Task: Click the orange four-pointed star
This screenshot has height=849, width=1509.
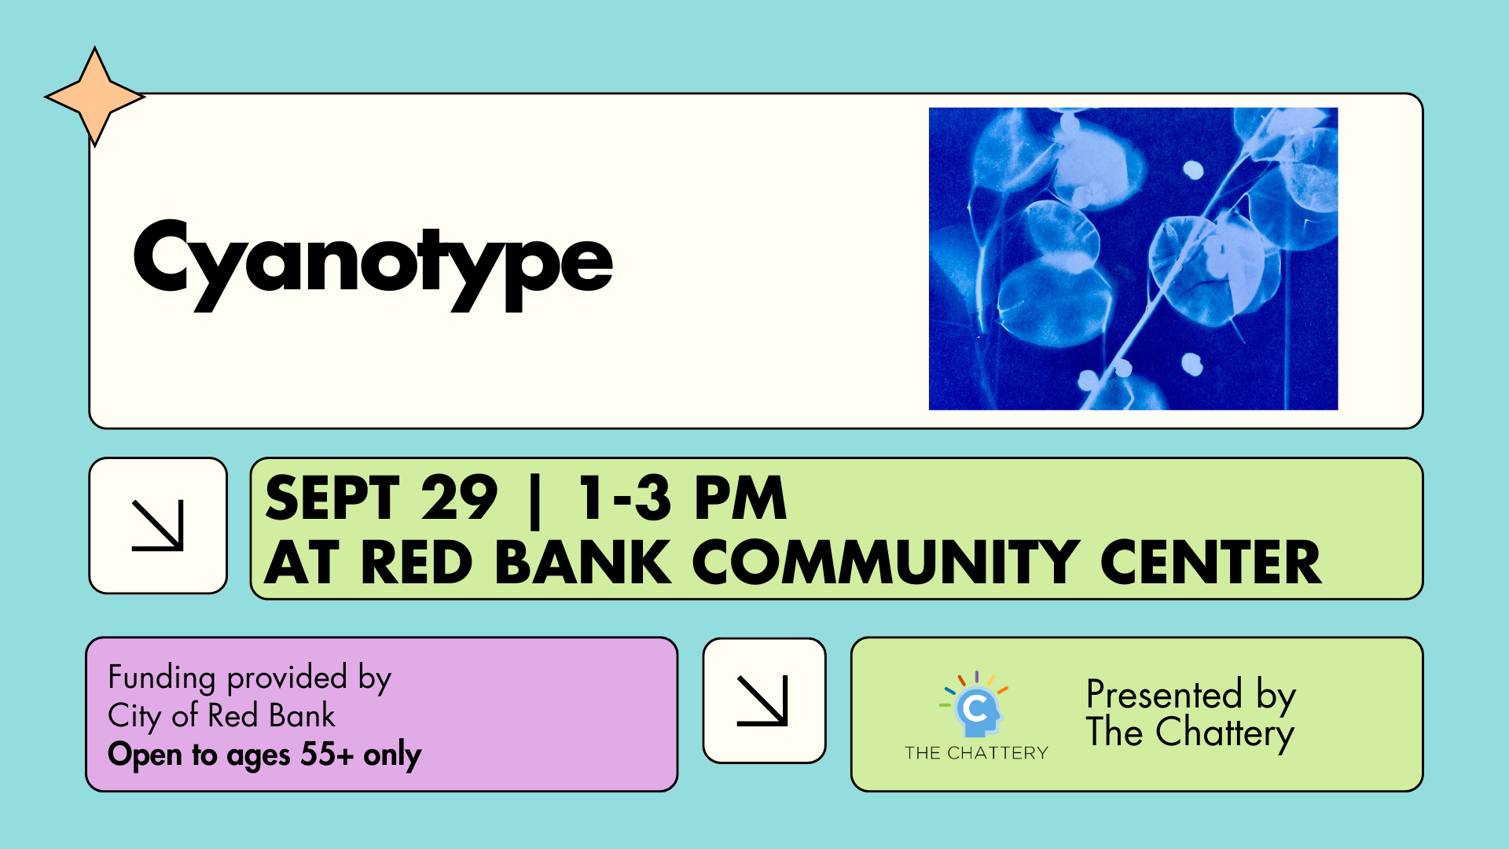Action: [x=95, y=97]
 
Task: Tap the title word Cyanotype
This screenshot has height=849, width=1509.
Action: [x=373, y=264]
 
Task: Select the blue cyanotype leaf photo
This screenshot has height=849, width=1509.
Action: [x=1133, y=259]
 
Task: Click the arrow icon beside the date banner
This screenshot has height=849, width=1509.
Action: [x=158, y=525]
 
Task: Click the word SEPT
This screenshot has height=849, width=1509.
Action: [x=333, y=498]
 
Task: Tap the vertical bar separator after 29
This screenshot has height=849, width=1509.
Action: [x=536, y=501]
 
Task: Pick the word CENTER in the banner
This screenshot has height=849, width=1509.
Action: [x=1211, y=563]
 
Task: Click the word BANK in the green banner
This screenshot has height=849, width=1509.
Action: [x=583, y=563]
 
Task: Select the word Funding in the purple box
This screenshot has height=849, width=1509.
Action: [x=162, y=678]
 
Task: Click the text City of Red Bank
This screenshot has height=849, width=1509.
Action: [x=222, y=716]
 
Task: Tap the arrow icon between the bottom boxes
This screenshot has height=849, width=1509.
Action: [x=762, y=700]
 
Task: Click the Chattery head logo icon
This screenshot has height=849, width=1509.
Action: [x=975, y=703]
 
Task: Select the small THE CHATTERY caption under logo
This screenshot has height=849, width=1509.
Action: [x=976, y=753]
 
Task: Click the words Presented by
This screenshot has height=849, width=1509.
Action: [x=1191, y=696]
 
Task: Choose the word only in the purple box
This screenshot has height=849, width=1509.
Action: [x=392, y=755]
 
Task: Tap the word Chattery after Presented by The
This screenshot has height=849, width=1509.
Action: [x=1225, y=734]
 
